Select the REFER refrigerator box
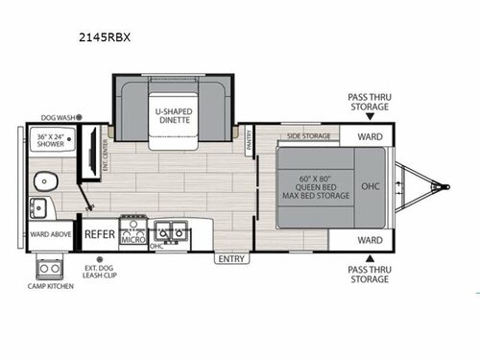tap(99, 233)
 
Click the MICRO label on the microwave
tap(132, 238)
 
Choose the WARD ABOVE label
tap(49, 232)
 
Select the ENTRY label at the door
tap(231, 258)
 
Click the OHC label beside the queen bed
tap(370, 186)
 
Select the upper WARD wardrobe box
tap(370, 135)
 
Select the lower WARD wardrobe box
tap(370, 238)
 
